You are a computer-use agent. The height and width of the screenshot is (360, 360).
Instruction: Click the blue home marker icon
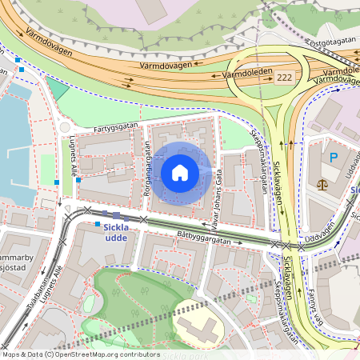tap(179, 172)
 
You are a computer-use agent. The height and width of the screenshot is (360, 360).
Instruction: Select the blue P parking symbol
tap(334, 157)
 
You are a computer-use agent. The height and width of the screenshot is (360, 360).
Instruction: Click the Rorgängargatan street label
tap(147, 170)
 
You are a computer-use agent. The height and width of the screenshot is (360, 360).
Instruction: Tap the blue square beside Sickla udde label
tap(97, 225)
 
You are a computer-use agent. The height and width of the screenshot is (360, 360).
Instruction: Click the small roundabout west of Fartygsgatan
tap(65, 127)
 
